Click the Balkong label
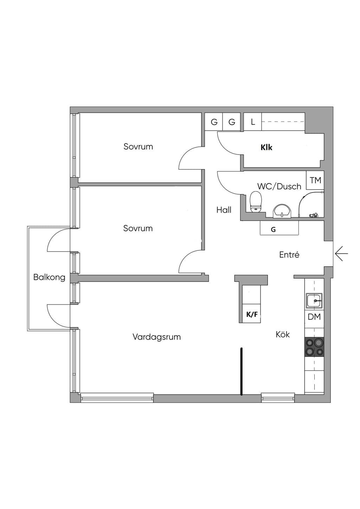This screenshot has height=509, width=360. [49, 278]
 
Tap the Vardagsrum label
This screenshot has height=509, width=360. [156, 337]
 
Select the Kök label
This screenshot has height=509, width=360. [283, 334]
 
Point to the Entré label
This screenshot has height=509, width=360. [289, 255]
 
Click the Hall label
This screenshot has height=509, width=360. [224, 210]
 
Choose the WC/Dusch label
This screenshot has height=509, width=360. [279, 186]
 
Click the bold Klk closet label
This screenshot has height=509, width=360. [266, 148]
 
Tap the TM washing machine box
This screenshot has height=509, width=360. [315, 180]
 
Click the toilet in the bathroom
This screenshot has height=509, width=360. [256, 202]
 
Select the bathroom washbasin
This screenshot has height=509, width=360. [282, 211]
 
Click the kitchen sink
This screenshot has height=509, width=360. [314, 301]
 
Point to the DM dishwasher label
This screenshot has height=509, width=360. [314, 317]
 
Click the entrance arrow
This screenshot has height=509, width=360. [341, 254]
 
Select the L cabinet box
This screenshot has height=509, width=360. [253, 122]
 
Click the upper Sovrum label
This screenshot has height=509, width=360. [138, 146]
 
